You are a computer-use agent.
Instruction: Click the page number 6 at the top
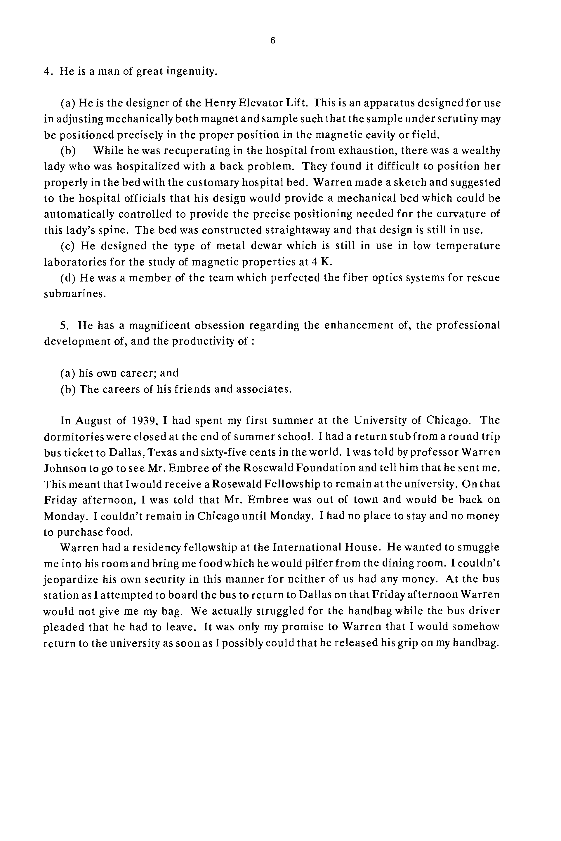pos(273,41)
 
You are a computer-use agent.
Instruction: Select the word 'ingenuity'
pos(191,71)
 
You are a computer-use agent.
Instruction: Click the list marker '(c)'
pos(68,246)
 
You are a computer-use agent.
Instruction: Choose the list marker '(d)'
pos(68,278)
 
